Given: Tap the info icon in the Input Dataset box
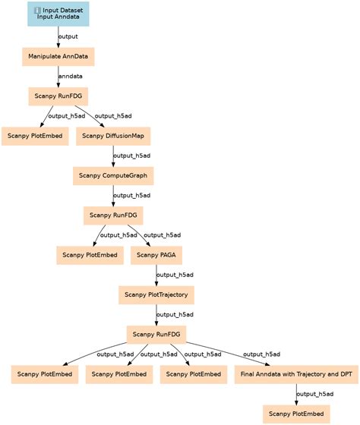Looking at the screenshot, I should [x=38, y=9].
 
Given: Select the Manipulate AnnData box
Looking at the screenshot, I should [x=58, y=56].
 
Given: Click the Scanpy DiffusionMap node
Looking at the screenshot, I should [x=113, y=136].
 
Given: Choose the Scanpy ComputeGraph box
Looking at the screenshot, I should [x=113, y=176].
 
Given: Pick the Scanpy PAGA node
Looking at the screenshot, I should [x=157, y=255].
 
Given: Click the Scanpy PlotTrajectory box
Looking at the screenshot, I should [x=156, y=294].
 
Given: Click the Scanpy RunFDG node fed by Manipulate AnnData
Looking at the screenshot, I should [x=58, y=96].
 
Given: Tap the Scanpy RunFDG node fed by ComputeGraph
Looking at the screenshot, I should [x=114, y=216].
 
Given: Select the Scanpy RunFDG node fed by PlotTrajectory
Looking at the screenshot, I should [x=157, y=334].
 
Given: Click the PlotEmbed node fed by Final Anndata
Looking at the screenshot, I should [x=296, y=414].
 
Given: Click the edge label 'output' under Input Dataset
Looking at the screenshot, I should [x=68, y=36].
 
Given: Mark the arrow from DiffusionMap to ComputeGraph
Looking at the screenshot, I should [x=113, y=156].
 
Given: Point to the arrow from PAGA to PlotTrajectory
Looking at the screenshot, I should [x=156, y=275].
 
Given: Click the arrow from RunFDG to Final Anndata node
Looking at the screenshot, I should [x=228, y=354].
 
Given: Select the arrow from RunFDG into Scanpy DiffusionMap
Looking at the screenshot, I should [x=86, y=116].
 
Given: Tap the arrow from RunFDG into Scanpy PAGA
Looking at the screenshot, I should [x=137, y=235].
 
